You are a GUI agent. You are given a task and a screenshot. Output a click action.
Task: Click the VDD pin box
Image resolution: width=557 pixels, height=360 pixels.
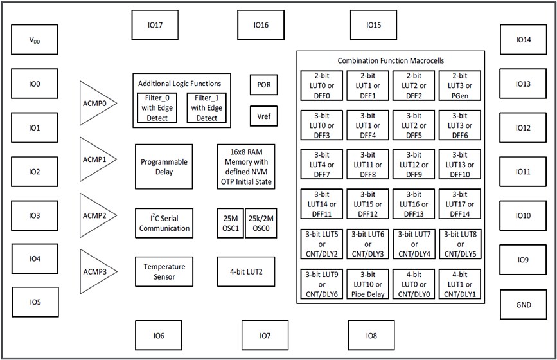(35, 40)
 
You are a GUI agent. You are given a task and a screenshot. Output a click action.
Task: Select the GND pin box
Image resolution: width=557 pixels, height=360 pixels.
(524, 305)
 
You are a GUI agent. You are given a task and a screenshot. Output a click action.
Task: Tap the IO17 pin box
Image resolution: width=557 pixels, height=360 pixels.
(154, 26)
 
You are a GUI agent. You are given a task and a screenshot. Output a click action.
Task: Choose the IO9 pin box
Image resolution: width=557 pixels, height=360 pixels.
(524, 260)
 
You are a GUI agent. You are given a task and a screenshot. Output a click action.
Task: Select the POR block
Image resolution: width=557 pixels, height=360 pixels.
(263, 84)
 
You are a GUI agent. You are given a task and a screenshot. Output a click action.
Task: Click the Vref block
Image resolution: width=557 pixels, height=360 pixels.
(263, 116)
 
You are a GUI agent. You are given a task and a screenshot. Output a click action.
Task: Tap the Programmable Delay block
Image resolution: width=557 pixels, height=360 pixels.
(164, 166)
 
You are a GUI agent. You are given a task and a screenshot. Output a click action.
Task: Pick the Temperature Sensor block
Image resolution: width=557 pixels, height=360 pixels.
(164, 271)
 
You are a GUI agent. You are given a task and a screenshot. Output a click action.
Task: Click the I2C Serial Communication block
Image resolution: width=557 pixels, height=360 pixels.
(164, 222)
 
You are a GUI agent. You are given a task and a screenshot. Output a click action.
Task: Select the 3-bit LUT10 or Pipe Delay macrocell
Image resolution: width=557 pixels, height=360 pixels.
(367, 285)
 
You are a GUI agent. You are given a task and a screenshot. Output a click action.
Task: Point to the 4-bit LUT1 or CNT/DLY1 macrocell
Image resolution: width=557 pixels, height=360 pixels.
(460, 285)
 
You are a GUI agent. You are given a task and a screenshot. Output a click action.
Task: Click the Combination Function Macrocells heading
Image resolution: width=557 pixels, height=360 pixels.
(390, 60)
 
